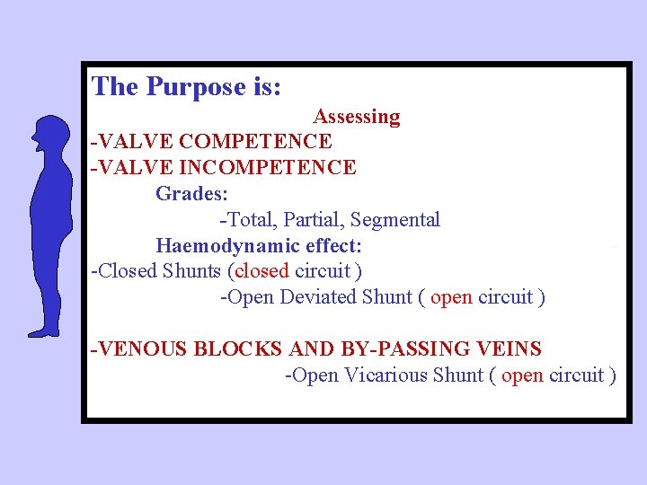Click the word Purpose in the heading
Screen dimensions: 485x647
(193, 87)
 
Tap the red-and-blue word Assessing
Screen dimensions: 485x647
(357, 117)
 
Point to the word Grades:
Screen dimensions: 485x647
(191, 193)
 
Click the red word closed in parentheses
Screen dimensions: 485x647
(261, 271)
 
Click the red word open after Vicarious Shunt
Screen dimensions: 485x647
(522, 375)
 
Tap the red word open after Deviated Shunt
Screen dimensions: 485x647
(451, 297)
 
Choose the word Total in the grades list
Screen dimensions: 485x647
(249, 220)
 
